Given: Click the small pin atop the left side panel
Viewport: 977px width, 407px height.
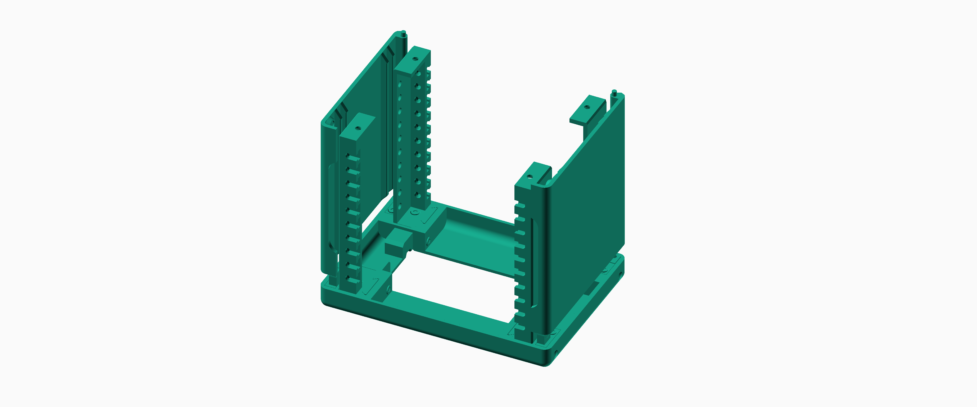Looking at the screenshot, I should pos(404,33).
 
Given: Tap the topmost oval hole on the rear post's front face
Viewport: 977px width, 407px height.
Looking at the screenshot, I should pos(400,82).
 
